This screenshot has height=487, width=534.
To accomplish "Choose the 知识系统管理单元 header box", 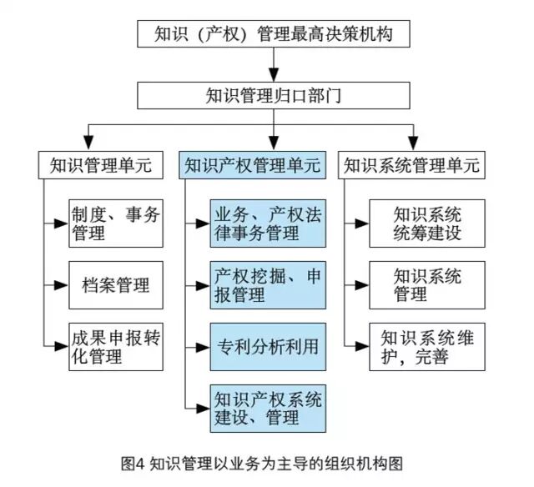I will click(411, 164).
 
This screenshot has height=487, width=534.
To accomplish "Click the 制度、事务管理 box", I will click(114, 223).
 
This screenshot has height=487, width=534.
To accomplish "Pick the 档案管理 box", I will click(114, 284).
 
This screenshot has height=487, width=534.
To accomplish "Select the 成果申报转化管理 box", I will click(114, 346).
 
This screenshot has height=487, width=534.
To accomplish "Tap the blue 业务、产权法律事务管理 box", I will click(267, 223).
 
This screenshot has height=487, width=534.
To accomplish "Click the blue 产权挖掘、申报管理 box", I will click(267, 284).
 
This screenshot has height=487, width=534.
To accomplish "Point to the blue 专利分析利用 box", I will click(267, 344).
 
